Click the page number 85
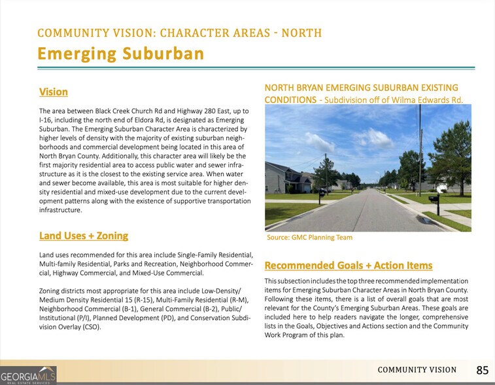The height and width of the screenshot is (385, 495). click(482, 370)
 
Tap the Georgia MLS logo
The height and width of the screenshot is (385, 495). click(28, 375)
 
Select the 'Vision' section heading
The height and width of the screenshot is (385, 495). click(53, 92)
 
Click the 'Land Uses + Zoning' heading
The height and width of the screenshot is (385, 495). click(84, 236)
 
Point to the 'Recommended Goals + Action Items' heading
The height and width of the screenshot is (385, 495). click(349, 265)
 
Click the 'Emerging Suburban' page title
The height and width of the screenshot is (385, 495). click(121, 54)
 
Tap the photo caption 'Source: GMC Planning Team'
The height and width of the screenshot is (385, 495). click(309, 238)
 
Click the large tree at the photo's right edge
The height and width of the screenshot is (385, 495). click(451, 157)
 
